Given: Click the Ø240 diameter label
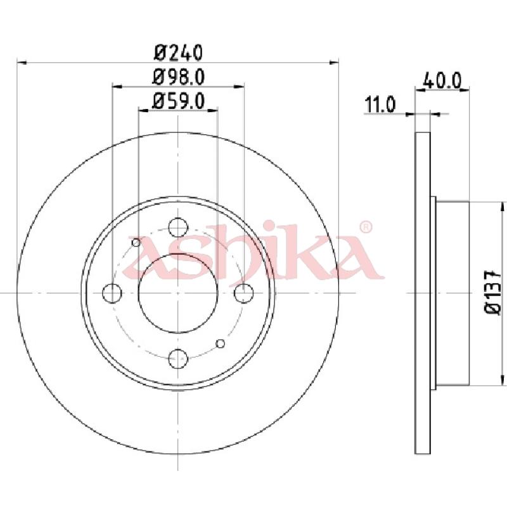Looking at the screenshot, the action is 179,53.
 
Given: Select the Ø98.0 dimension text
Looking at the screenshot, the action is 179,77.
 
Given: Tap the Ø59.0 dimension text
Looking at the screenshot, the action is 179,101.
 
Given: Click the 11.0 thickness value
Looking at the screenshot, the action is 380,105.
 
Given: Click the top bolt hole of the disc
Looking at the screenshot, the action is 178,227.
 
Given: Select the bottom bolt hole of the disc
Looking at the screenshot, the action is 178,359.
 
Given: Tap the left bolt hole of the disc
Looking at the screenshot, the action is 112,293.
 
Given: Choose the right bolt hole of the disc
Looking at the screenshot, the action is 244,293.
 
